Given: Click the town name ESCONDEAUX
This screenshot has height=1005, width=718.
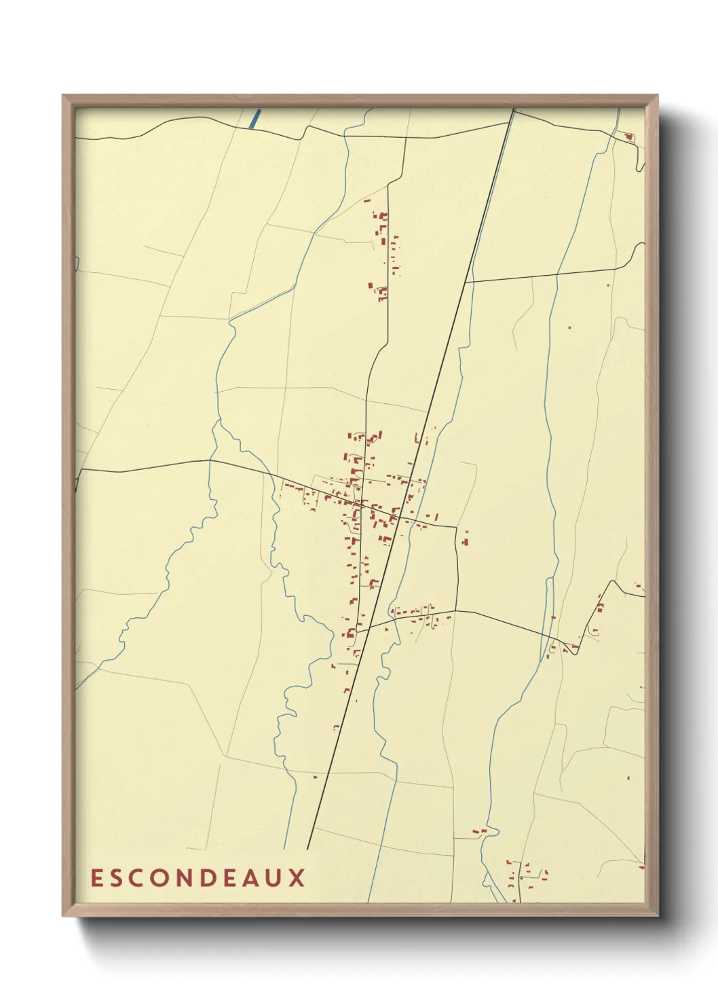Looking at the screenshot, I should (198, 877).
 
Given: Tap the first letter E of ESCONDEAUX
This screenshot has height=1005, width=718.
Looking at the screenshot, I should (96, 877).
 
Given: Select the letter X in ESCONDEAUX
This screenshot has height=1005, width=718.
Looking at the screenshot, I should (298, 877).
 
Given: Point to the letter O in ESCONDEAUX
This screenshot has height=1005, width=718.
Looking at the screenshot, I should (161, 877).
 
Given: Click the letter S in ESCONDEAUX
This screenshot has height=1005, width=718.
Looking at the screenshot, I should (117, 877).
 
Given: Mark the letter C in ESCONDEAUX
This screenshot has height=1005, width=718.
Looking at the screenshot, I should (138, 877).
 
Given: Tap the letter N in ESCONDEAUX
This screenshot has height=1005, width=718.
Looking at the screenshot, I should (185, 877).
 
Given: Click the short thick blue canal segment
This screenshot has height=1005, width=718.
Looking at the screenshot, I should (255, 119).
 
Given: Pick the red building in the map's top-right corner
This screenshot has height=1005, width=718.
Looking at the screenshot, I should (629, 137).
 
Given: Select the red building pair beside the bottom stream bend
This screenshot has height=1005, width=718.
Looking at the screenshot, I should (479, 830).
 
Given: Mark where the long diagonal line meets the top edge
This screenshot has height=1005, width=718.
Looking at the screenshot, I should (514, 109).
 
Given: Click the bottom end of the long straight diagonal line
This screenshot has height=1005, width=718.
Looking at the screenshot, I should (307, 849).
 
